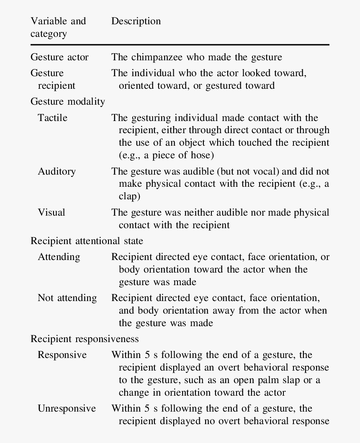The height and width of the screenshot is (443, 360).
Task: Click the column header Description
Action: [x=136, y=21]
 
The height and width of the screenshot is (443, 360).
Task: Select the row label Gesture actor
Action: [x=59, y=57]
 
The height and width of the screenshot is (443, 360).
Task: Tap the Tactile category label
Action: [x=52, y=118]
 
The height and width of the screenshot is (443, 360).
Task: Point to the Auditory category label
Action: [x=57, y=171]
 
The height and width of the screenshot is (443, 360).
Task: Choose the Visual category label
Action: [x=51, y=212]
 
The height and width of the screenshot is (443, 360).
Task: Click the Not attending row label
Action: [x=67, y=298]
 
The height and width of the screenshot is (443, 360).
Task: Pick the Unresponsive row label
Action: [x=67, y=409]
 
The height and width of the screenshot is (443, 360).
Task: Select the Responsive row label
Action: [x=62, y=355]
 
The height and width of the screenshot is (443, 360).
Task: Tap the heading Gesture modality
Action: [x=67, y=101]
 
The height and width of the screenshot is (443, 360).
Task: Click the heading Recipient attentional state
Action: [x=87, y=241]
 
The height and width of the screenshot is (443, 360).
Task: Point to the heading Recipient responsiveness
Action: [x=85, y=339]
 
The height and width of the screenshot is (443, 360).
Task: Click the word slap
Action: [x=293, y=380]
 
